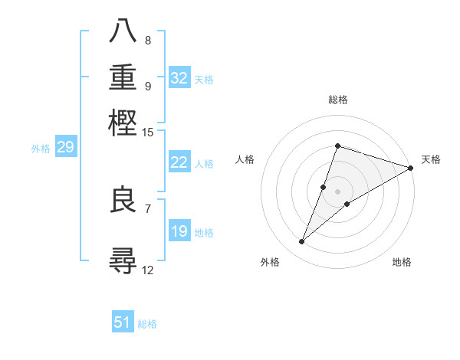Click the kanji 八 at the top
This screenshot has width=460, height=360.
coord(123,33)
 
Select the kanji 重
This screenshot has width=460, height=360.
coord(123,77)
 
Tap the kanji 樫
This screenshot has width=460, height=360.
coord(123,123)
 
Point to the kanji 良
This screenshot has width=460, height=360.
coord(123,201)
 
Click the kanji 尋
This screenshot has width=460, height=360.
coord(123,260)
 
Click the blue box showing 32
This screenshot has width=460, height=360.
coord(179,78)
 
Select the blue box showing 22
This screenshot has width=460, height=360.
coord(179,162)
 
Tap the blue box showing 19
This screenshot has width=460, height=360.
coord(179,231)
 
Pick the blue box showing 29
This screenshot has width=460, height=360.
coord(65,147)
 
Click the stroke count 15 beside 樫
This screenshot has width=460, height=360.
coord(148,133)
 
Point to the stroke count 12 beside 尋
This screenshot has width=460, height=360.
coord(148,270)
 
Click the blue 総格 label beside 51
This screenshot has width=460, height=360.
coord(147,324)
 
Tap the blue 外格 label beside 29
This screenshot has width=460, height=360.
coord(41,149)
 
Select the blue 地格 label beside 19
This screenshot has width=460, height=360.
coord(204,233)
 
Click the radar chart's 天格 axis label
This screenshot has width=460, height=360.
coord(431,159)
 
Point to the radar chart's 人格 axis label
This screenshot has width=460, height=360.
coord(245,159)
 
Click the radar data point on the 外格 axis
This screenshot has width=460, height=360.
coord(302,242)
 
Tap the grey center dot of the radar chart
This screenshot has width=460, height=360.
coord(337,191)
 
